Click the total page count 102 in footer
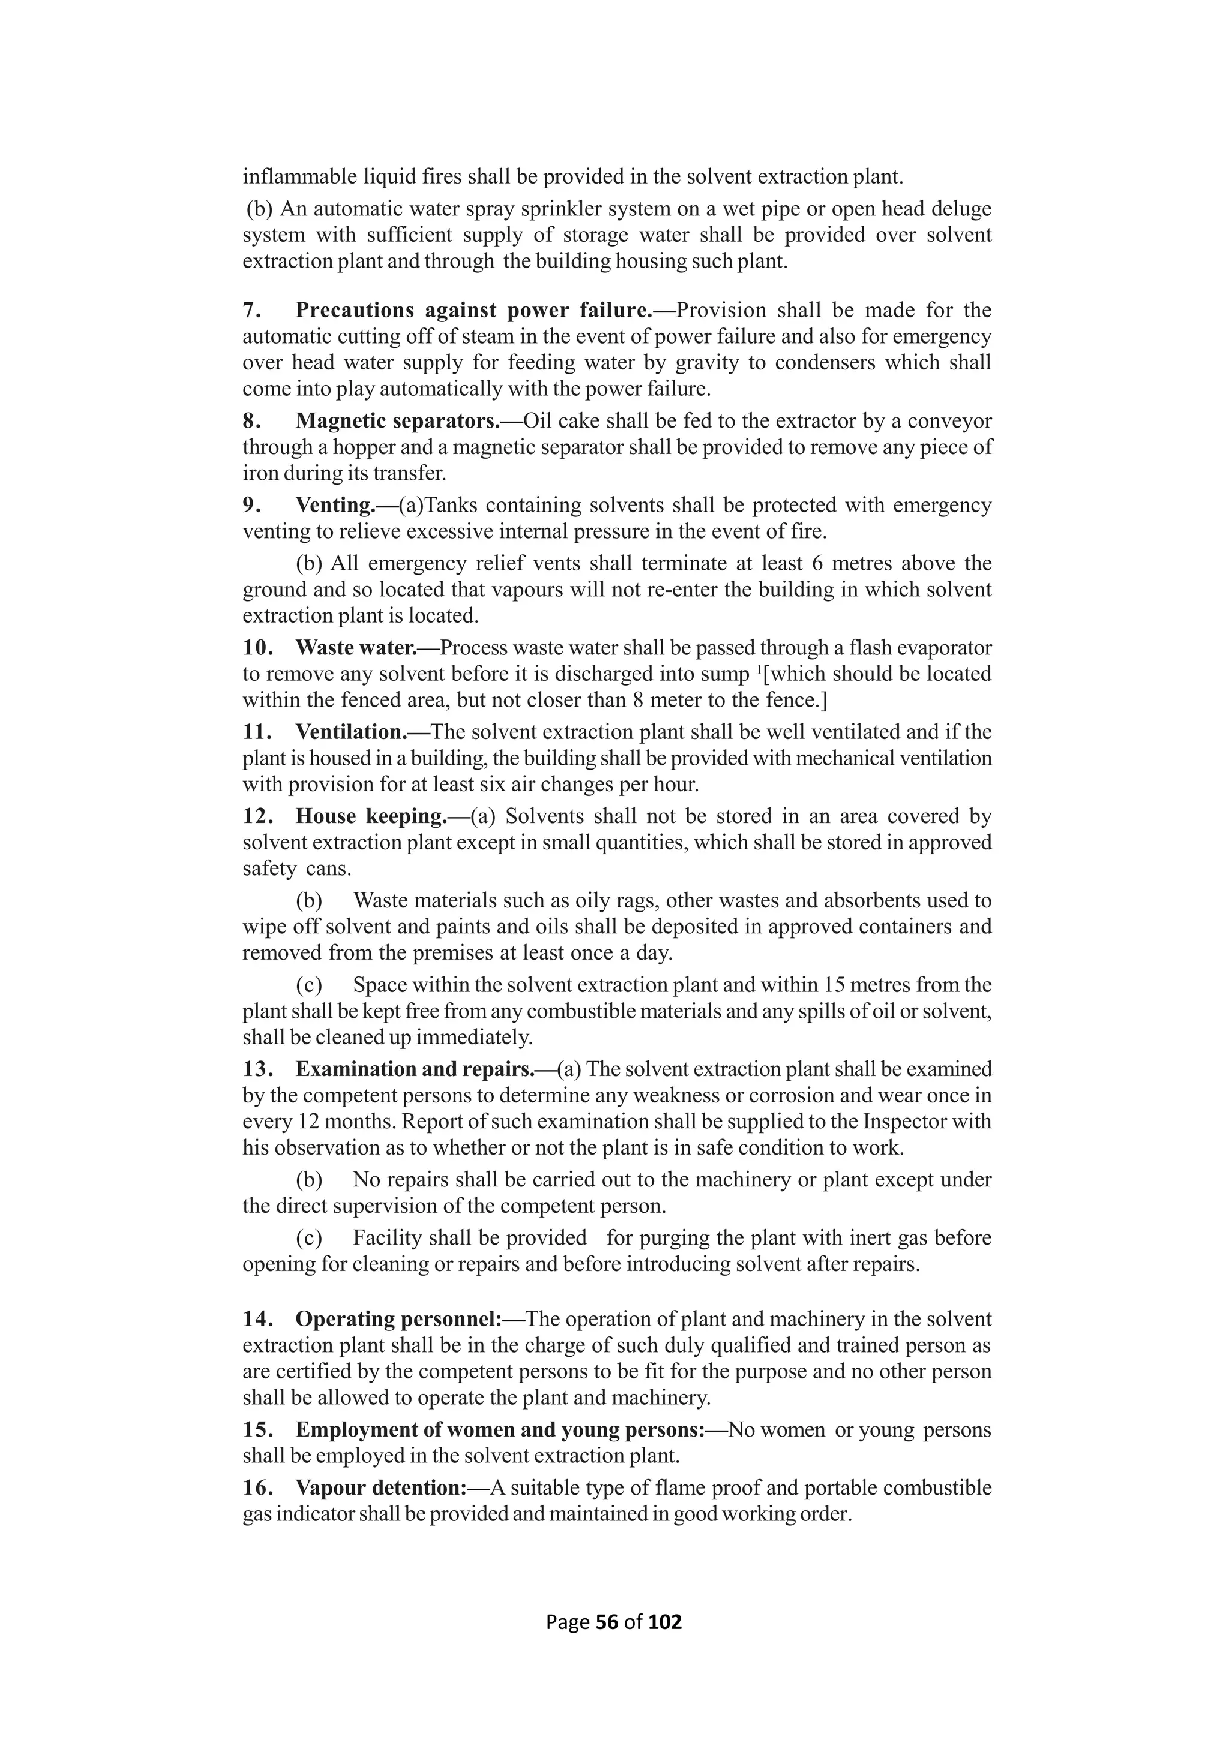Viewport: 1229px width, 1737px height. coord(665,1622)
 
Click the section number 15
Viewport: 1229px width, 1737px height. coord(257,1430)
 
